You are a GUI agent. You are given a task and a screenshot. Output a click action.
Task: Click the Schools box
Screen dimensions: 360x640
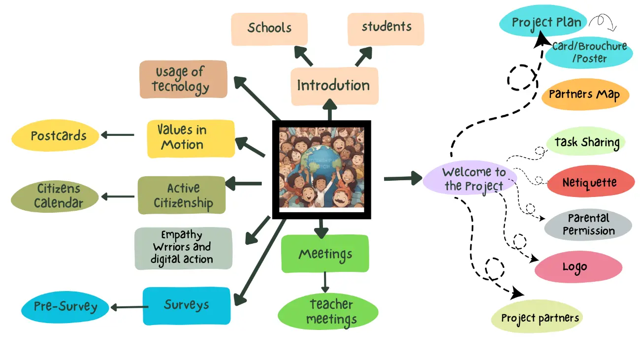(x=269, y=29)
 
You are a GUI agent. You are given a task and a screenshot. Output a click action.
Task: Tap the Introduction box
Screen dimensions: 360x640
(x=334, y=86)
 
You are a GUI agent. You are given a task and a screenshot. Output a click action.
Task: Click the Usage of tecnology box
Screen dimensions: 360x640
(x=183, y=79)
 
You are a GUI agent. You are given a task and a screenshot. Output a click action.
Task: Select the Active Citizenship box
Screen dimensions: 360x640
(x=182, y=196)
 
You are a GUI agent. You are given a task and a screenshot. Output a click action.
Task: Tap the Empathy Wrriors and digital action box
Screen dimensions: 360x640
(x=183, y=248)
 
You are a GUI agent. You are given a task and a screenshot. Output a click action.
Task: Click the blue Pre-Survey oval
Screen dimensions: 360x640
(x=65, y=307)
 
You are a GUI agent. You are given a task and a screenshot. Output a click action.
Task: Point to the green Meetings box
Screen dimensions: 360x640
(x=325, y=254)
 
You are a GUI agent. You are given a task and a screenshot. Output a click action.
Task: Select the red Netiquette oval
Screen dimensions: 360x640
(x=591, y=182)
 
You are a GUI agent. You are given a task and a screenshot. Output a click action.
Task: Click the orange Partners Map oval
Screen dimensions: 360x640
(x=585, y=95)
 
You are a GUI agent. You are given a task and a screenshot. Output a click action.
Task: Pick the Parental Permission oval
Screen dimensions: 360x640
(x=588, y=225)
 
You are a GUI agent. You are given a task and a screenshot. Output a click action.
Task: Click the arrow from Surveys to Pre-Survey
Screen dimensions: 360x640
(x=128, y=307)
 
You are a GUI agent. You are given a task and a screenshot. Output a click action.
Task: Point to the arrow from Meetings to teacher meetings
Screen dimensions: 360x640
(x=324, y=282)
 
